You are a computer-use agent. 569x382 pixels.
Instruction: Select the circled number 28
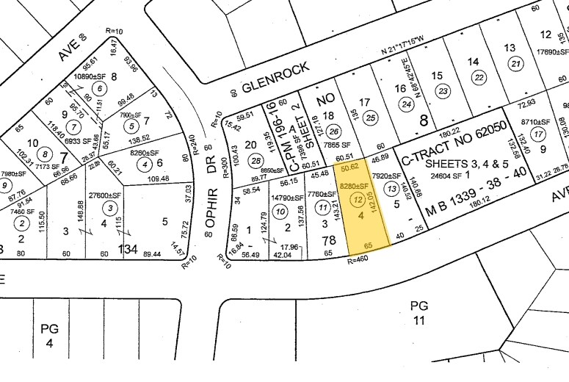[x=255, y=161]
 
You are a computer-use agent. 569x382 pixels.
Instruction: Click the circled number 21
[x=516, y=64]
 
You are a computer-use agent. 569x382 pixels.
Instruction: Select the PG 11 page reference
[x=418, y=311]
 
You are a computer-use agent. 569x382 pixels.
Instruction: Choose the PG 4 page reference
[x=49, y=336]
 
